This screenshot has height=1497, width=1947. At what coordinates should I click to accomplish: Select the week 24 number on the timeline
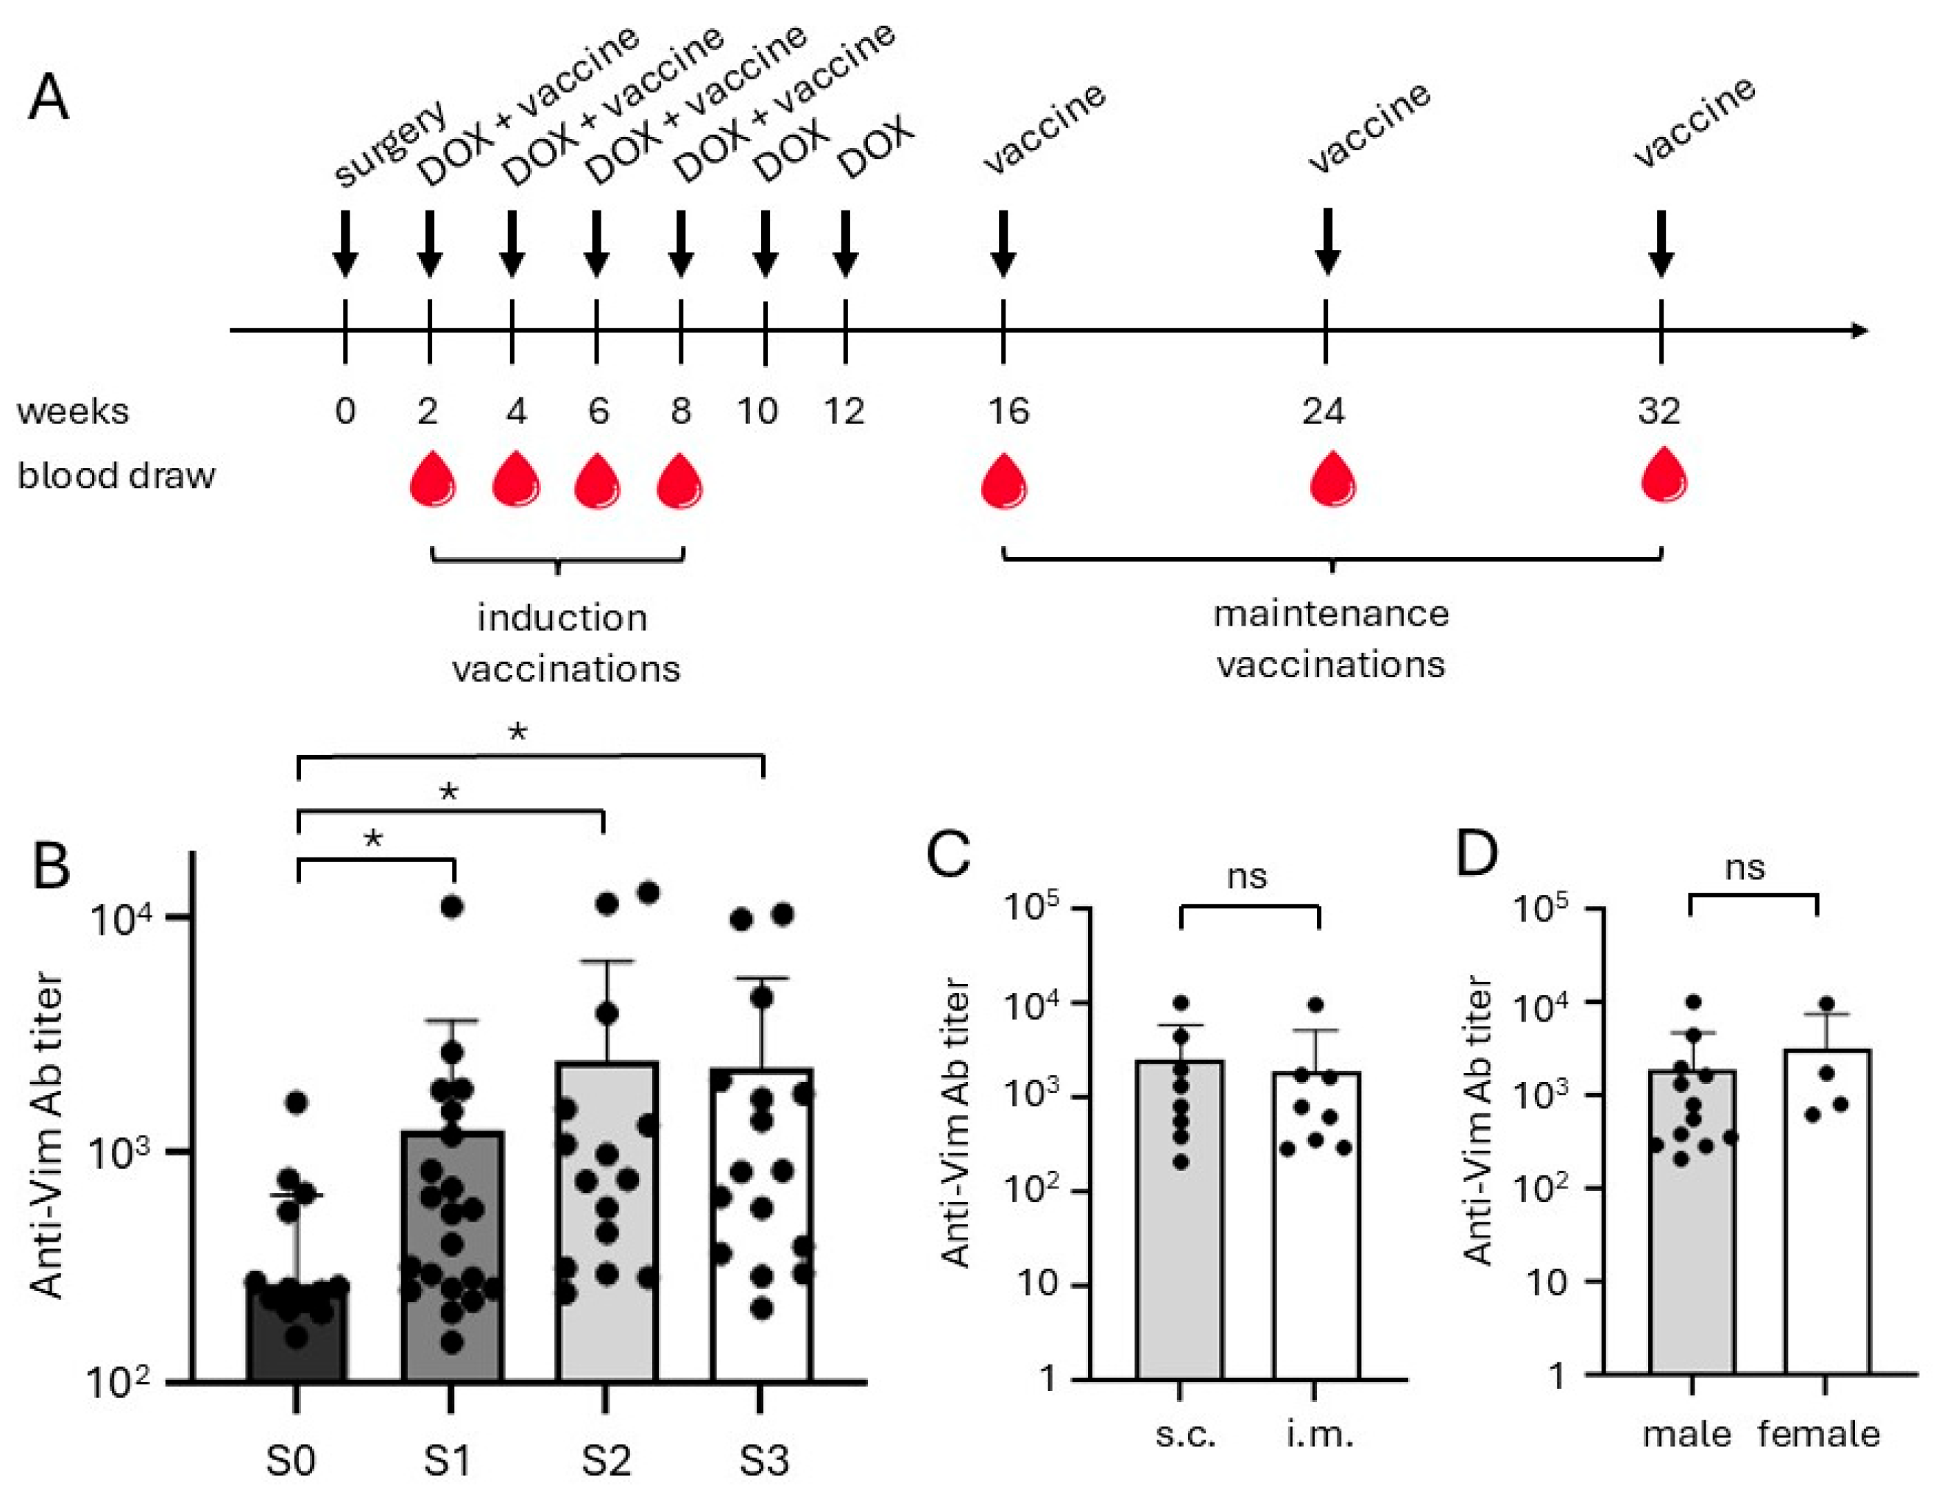(x=1324, y=411)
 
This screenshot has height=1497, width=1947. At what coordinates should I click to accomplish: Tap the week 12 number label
(x=843, y=411)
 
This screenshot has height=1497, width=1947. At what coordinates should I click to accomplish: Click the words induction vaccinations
(x=564, y=643)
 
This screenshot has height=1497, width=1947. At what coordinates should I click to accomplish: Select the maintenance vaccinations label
(x=1330, y=639)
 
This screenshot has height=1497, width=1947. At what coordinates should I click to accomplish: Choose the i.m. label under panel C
(x=1320, y=1434)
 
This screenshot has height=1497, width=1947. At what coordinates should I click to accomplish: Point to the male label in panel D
(x=1687, y=1434)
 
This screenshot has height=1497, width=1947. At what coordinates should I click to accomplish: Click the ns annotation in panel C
(x=1247, y=877)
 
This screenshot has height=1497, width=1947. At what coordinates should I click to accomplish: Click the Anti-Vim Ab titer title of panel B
(x=46, y=1136)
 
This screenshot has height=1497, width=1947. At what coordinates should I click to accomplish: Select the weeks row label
(x=73, y=411)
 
